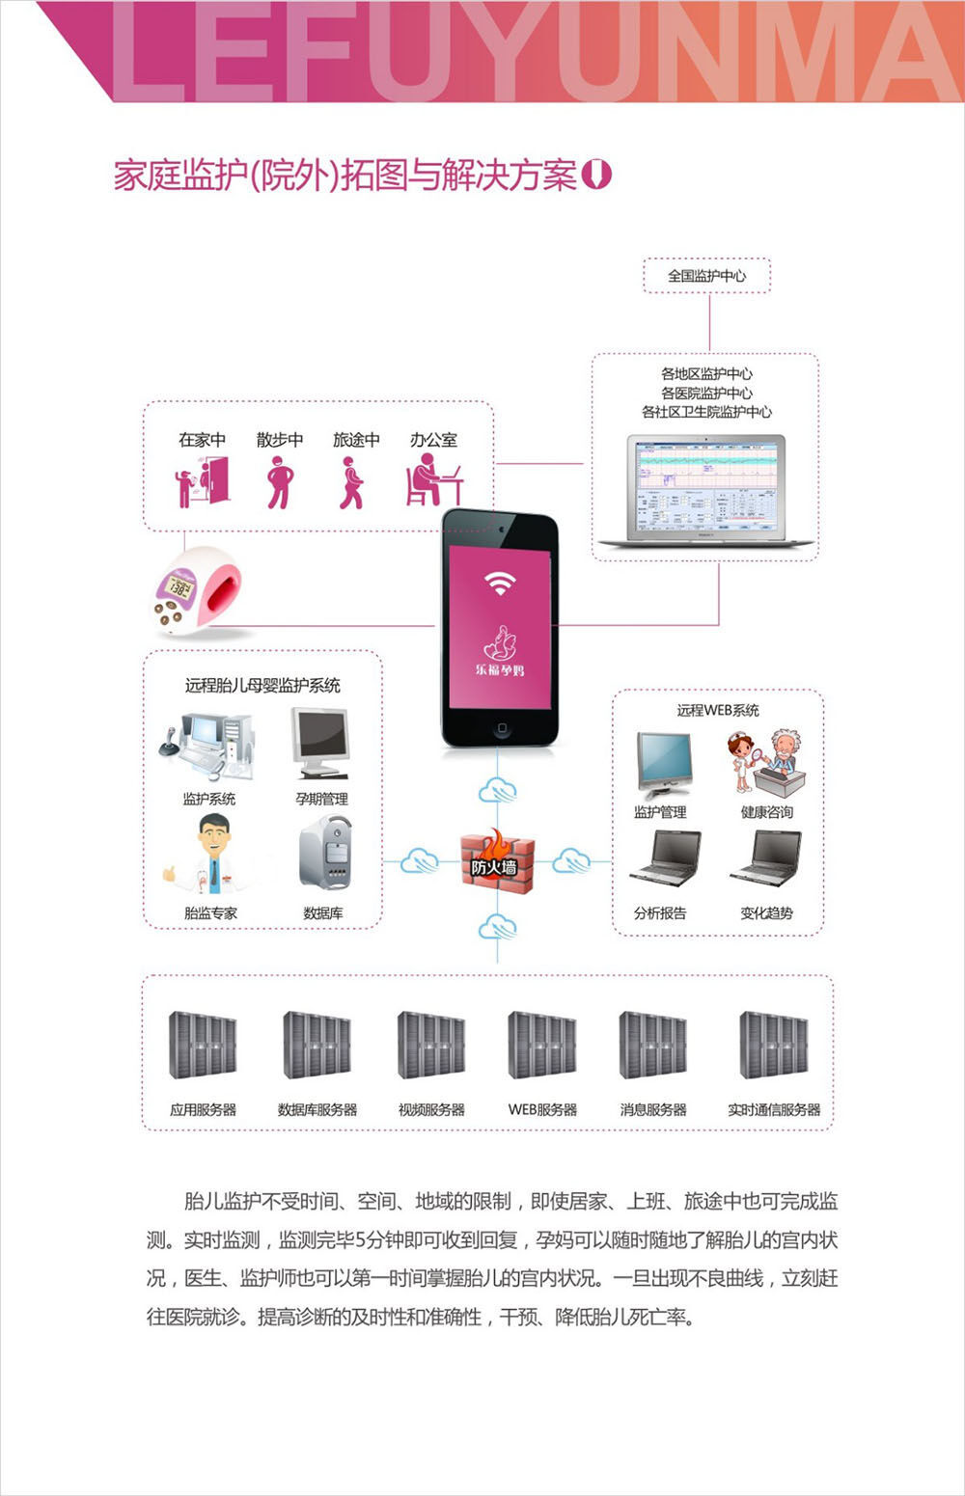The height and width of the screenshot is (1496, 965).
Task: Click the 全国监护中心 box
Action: [x=707, y=276]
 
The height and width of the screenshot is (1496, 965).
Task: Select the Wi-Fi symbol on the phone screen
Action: [x=499, y=583]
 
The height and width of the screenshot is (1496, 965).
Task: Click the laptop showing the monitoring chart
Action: [x=706, y=492]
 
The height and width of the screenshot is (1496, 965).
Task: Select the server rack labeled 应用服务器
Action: [x=203, y=1046]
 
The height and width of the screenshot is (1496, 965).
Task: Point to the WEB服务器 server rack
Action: [x=542, y=1046]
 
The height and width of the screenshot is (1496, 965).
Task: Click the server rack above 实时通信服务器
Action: [x=774, y=1046]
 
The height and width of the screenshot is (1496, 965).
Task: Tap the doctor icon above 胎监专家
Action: [x=211, y=855]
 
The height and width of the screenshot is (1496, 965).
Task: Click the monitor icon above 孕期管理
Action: [x=320, y=744]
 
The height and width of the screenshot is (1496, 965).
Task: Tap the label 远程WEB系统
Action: [x=718, y=710]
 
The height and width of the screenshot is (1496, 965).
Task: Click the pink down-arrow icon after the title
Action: [x=598, y=175]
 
